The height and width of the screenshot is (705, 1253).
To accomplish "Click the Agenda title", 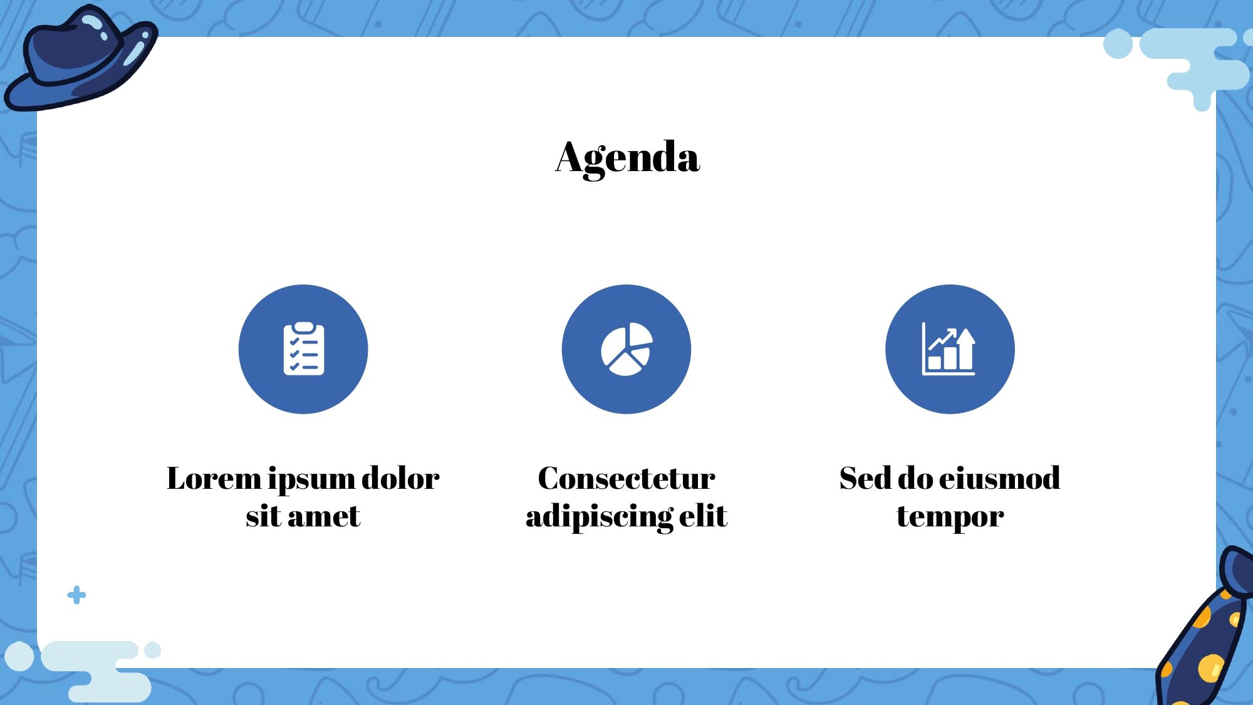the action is pos(627,157).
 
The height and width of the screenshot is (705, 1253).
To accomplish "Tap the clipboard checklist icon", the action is pos(304,349).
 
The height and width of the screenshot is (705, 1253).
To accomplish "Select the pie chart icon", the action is pos(626,349).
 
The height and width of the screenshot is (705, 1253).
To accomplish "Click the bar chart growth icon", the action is pos(949,349).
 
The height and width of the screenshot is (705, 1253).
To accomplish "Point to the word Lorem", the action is pos(214,478).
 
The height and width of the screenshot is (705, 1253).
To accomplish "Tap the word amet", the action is pos(324,516).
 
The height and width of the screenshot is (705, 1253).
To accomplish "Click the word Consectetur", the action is pos(626,478).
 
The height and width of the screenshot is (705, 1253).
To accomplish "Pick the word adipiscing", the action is pos(599,518).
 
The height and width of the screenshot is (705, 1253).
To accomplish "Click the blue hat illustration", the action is pos(81,58).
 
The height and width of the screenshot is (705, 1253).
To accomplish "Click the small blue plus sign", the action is pos(76,595).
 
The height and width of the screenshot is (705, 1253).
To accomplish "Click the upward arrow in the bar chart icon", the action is pos(965,348).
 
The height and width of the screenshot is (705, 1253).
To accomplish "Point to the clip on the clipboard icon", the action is pos(304,328).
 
